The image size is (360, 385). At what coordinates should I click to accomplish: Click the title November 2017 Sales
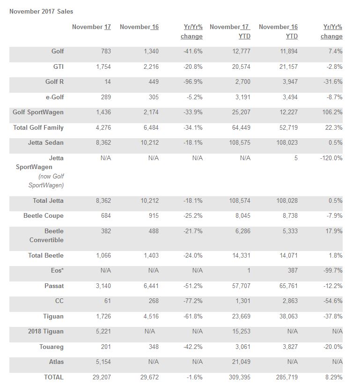(41, 11)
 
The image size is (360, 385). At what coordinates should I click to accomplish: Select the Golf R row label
(54, 81)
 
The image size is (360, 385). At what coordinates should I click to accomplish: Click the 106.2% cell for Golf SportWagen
(332, 112)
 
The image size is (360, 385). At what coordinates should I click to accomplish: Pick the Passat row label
(54, 286)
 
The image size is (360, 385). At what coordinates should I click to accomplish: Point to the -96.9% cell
(193, 81)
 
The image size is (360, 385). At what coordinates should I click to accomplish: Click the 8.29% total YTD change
(333, 377)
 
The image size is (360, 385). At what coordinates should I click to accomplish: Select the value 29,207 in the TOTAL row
(100, 377)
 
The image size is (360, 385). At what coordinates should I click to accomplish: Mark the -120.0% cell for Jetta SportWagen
(331, 158)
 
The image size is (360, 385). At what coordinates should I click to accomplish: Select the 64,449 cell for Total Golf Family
(239, 127)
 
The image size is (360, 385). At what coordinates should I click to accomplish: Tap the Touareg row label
(51, 347)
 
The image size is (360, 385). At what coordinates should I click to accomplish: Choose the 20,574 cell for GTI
(239, 67)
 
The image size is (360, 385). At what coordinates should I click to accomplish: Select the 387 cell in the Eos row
(291, 270)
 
